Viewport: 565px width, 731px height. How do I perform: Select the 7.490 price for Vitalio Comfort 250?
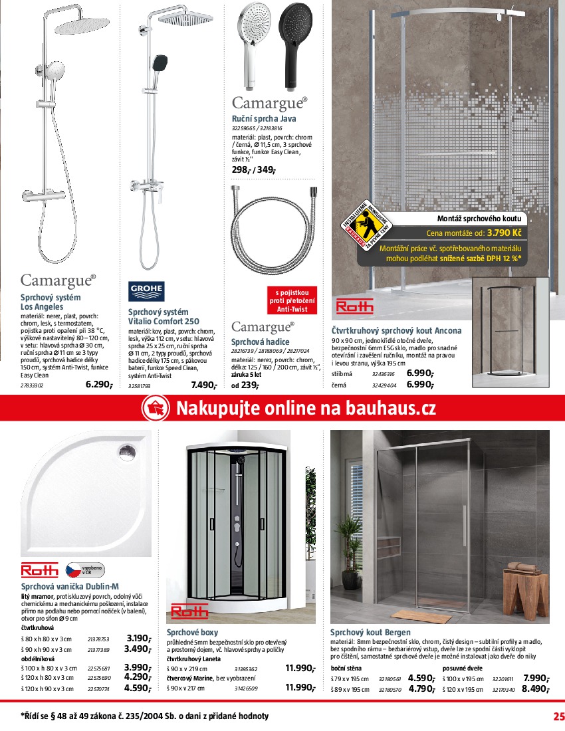[203, 384]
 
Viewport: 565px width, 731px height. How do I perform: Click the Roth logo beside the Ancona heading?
[355, 306]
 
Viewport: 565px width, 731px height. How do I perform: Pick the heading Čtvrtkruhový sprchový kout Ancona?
[396, 330]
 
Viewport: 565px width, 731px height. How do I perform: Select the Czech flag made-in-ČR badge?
[84, 570]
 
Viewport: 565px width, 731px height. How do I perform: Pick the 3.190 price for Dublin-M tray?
[138, 638]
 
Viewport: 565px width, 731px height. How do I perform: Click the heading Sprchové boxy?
[192, 632]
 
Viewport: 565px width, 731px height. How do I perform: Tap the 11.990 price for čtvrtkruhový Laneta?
[300, 669]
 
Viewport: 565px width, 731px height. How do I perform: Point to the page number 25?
[558, 716]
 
